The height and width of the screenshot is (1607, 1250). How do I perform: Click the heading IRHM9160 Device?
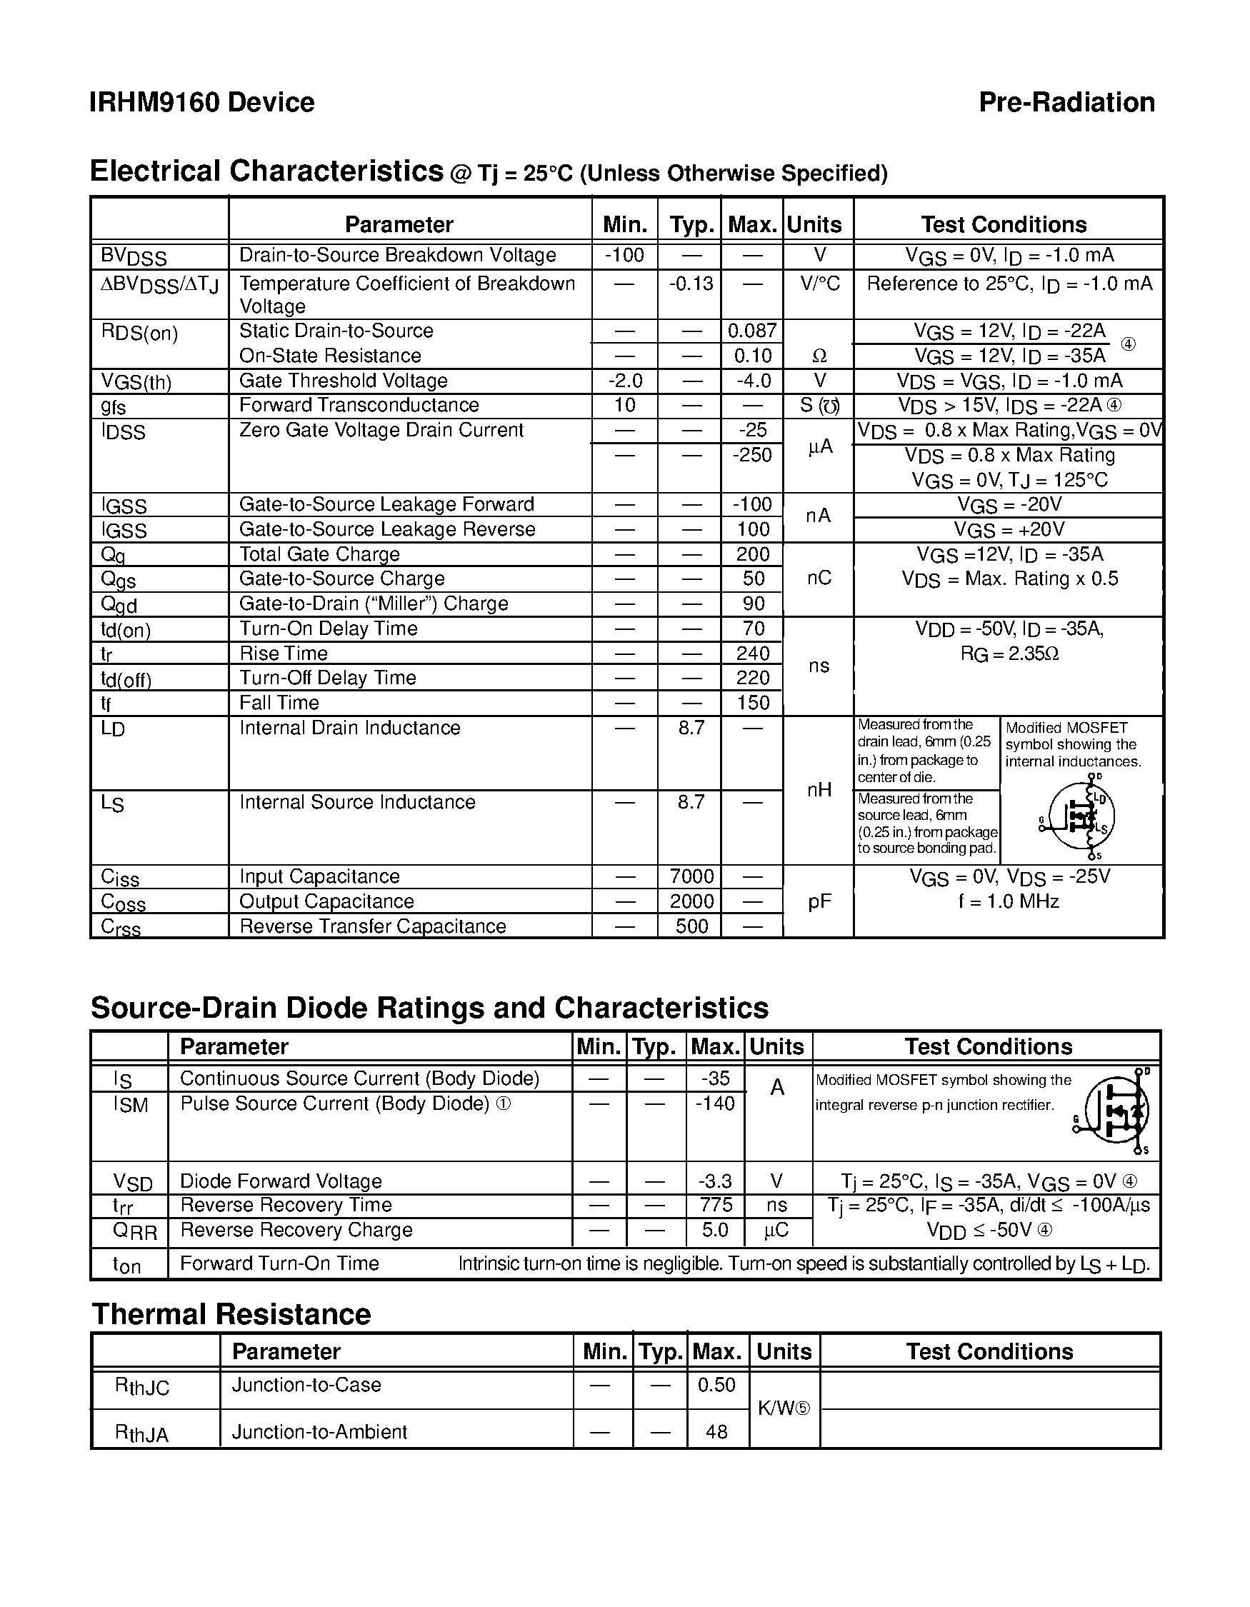click(x=201, y=102)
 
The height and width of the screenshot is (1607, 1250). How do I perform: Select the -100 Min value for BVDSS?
click(x=624, y=255)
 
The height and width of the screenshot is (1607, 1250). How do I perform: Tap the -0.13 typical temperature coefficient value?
click(x=690, y=284)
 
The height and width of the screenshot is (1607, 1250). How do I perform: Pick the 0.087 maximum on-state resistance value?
click(x=751, y=331)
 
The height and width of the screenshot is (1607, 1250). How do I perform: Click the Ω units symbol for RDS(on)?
click(x=819, y=356)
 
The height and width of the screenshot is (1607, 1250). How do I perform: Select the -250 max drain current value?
click(x=752, y=455)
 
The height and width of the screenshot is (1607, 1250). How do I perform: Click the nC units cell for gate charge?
click(x=819, y=579)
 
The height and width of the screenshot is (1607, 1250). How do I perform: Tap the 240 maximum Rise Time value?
click(x=753, y=654)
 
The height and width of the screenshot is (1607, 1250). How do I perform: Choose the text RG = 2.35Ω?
click(x=1009, y=654)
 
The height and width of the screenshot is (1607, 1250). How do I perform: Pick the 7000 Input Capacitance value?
click(x=691, y=876)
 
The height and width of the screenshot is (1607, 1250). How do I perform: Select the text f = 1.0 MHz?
click(x=1008, y=901)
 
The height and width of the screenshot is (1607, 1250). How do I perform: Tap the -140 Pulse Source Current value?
click(x=714, y=1103)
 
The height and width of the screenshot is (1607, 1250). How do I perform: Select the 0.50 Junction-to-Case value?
click(x=716, y=1385)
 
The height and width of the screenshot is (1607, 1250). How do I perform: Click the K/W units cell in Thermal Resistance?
click(x=783, y=1408)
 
